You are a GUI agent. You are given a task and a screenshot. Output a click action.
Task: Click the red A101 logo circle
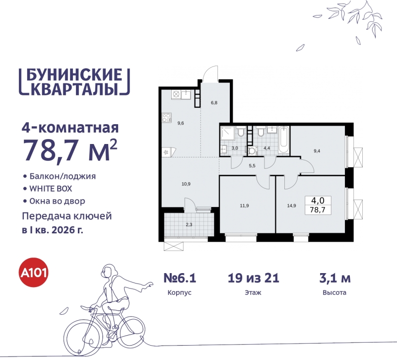pyautogui.click(x=34, y=274)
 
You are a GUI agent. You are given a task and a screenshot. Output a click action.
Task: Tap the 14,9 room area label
pyautogui.click(x=291, y=206)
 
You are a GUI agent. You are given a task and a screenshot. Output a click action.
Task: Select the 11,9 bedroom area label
pyautogui.click(x=244, y=206)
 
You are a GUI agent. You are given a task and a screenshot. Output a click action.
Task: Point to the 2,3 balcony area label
pyautogui.click(x=189, y=224)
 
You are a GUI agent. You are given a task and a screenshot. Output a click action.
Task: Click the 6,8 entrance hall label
pyautogui.click(x=214, y=103)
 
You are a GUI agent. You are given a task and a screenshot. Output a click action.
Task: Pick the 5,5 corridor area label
pyautogui.click(x=252, y=166)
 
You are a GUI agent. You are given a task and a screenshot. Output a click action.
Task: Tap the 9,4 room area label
pyautogui.click(x=317, y=151)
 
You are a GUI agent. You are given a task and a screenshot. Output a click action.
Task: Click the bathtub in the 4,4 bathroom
pyautogui.click(x=283, y=140)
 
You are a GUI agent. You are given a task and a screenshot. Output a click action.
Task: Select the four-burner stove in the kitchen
pyautogui.click(x=167, y=118)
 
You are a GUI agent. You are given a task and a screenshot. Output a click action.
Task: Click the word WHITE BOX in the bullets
pyautogui.click(x=51, y=189)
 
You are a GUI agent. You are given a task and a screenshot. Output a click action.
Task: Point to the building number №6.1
pyautogui.click(x=180, y=278)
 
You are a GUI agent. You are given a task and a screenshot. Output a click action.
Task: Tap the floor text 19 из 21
pyautogui.click(x=254, y=278)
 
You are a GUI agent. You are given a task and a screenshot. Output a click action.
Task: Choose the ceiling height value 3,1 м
pyautogui.click(x=334, y=278)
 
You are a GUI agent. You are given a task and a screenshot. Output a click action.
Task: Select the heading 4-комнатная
pyautogui.click(x=70, y=128)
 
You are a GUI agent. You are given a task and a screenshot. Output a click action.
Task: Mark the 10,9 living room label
pyautogui.click(x=186, y=184)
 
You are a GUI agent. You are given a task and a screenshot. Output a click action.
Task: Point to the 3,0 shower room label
pyautogui.click(x=235, y=148)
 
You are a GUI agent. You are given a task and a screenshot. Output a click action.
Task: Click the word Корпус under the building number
pyautogui.click(x=180, y=292)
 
